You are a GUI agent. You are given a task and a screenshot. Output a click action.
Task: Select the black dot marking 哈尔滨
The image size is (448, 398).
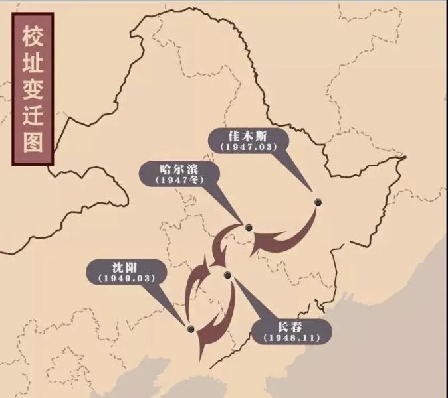coord(249,228)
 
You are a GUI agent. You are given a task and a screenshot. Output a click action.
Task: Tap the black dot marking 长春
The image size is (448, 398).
coord(227,275)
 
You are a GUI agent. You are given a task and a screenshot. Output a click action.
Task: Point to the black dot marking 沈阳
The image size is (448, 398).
coord(191,328)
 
